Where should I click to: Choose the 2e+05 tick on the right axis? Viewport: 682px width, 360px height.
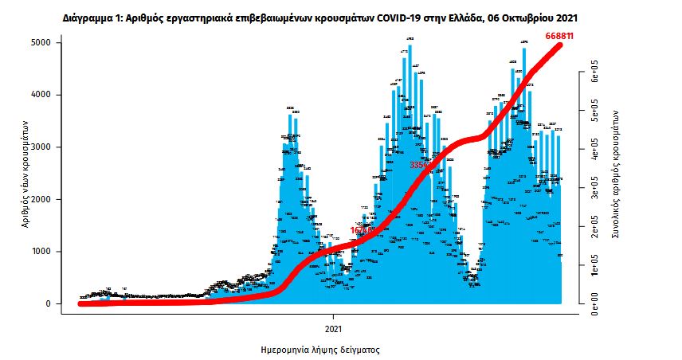(594, 229)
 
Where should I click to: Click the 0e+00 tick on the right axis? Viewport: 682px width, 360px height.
(594, 303)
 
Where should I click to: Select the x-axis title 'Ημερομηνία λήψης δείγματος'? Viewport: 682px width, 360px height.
(319, 350)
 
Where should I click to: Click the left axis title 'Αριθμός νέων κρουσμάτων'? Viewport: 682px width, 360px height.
(26, 173)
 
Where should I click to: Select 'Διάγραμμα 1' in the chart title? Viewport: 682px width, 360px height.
(91, 17)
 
